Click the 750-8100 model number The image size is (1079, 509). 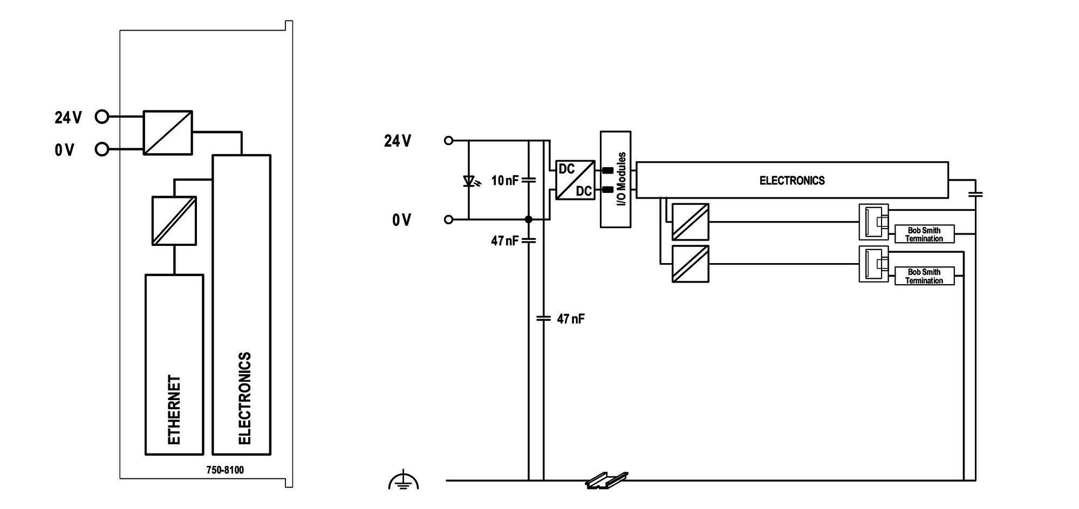(225, 470)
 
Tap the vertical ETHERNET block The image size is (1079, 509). (174, 364)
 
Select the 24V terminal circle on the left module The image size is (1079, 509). (101, 116)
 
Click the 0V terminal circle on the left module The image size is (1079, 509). (101, 149)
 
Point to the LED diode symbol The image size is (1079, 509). (469, 181)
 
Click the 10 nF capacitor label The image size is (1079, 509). (505, 181)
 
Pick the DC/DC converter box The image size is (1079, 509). (575, 180)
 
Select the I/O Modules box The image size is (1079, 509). (616, 179)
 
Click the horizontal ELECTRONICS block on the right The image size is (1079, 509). (792, 180)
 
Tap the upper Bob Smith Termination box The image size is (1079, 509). (924, 234)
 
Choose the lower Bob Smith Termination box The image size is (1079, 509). (924, 276)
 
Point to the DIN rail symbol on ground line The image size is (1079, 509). (607, 480)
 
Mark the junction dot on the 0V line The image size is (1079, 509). (529, 219)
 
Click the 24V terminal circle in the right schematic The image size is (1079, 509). (448, 141)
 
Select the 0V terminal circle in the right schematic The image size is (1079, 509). (448, 219)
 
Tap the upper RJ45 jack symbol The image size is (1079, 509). (873, 222)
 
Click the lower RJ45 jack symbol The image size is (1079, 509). (873, 264)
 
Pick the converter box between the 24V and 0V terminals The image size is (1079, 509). (168, 133)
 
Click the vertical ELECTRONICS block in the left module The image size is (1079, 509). (242, 305)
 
